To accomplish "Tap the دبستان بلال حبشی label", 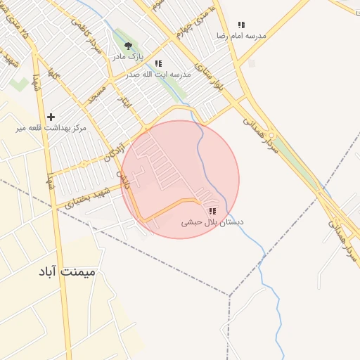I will (212, 222).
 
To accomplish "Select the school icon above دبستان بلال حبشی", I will (212, 211).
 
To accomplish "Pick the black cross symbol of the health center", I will (51, 117).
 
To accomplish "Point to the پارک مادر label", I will (129, 56).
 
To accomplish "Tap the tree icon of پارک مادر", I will (127, 46).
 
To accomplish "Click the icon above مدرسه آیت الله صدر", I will (158, 63).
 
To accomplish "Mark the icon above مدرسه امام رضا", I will (241, 25).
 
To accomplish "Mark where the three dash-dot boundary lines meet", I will (229, 295).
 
